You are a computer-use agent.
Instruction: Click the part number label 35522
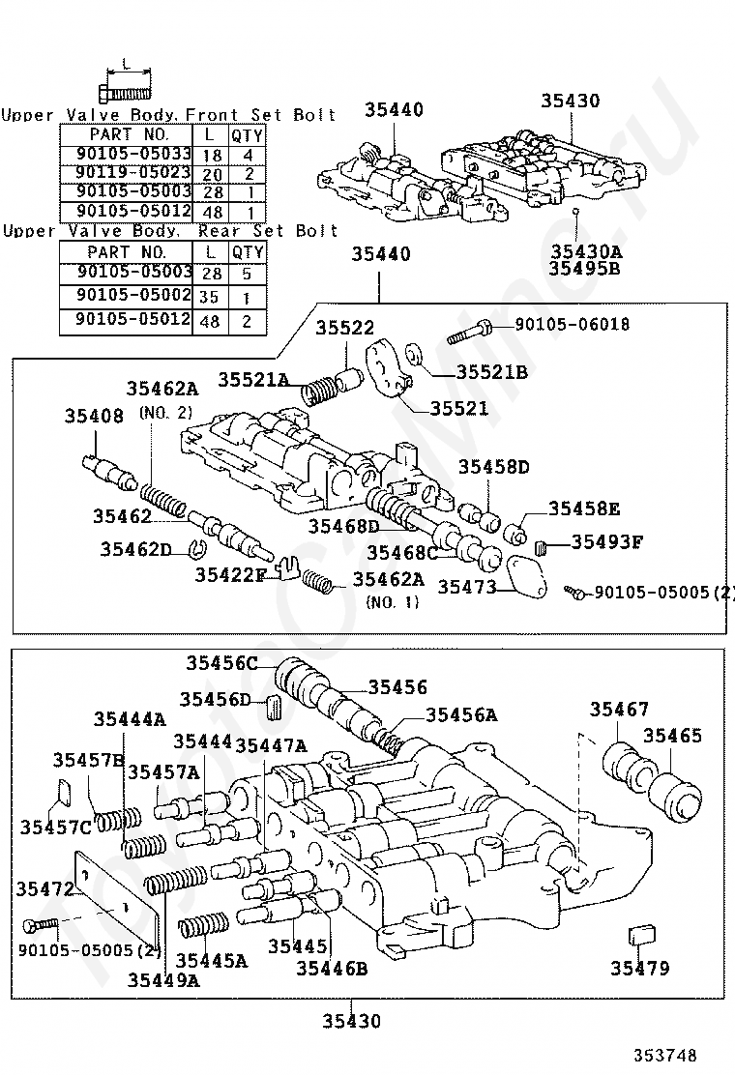[x=344, y=329]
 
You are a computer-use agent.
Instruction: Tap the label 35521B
[x=491, y=372]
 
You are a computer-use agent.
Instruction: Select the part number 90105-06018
[x=572, y=325]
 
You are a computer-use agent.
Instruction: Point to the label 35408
[x=94, y=417]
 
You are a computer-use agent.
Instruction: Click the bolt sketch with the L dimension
[x=126, y=92]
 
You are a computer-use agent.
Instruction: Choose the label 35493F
[x=606, y=541]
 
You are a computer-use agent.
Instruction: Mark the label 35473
[x=466, y=587]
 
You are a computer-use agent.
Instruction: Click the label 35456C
[x=222, y=663]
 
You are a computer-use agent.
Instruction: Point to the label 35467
[x=620, y=711]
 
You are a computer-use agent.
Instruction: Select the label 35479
[x=639, y=968]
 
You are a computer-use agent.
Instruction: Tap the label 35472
[x=43, y=887]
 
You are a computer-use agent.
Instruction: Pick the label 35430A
[x=586, y=251]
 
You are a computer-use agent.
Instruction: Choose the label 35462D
[x=135, y=550]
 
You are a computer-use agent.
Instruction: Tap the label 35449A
[x=163, y=979]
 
